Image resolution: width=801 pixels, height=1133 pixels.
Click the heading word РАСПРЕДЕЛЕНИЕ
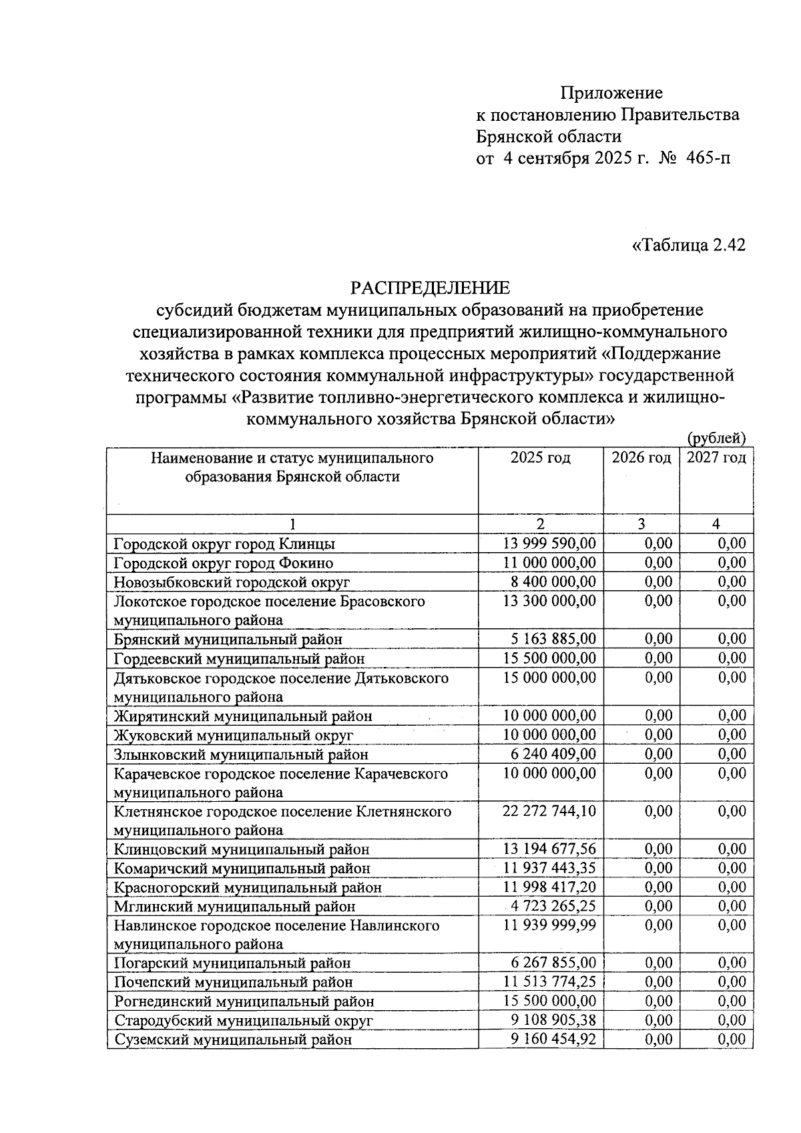coord(430,288)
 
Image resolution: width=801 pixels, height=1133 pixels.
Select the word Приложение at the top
coord(611,93)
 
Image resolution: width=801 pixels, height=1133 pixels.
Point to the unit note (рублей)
coord(716,439)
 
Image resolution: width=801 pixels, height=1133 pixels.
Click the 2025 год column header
coord(540,458)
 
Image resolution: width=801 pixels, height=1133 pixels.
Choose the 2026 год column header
coord(641,458)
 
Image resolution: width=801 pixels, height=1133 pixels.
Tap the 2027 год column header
coord(716,458)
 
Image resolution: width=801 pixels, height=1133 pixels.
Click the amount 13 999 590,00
coord(549,543)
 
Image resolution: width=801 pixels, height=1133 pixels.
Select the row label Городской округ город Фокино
coord(224,563)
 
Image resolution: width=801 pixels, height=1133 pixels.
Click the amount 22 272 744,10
coord(549,811)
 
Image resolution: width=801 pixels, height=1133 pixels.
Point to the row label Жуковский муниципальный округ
coord(233,735)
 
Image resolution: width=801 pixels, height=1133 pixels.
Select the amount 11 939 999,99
coord(549,925)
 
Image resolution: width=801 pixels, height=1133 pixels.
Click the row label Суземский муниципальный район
coord(233,1040)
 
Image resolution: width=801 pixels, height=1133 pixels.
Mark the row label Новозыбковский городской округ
coord(232,582)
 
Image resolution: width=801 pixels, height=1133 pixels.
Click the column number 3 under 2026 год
coord(641,524)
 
